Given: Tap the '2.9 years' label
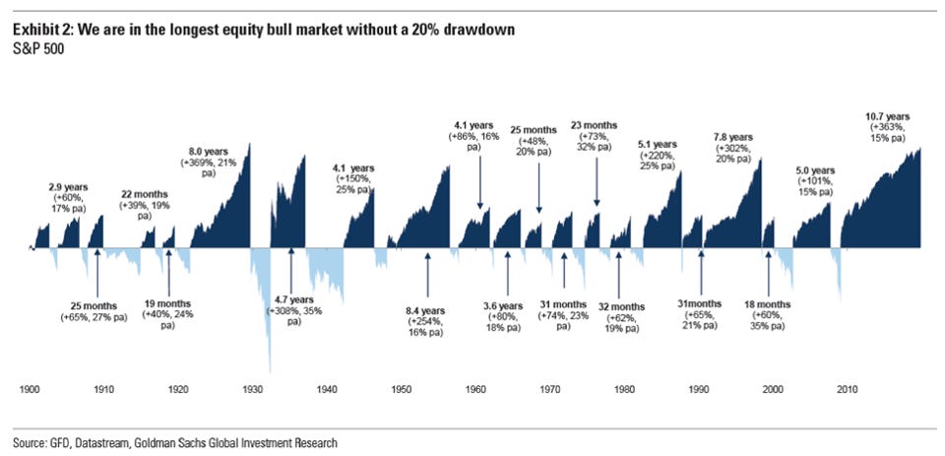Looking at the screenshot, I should [x=67, y=186].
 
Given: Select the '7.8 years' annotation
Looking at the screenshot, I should [x=732, y=136].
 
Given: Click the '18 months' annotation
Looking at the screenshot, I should [x=768, y=304].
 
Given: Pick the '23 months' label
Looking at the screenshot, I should [x=597, y=125].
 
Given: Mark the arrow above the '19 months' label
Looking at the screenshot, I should [x=168, y=268].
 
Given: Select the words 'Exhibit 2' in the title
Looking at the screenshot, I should [x=41, y=31].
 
